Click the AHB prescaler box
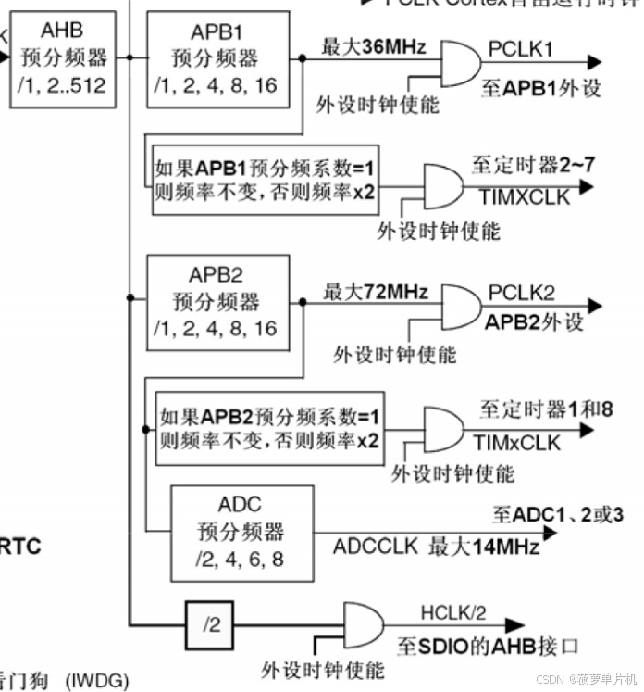coord(62,57)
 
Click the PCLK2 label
coord(521,294)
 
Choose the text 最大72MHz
coord(375,293)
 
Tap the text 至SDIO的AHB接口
coord(488,645)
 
